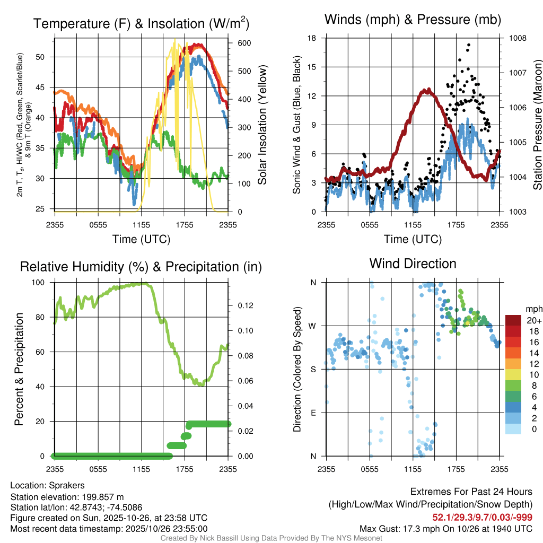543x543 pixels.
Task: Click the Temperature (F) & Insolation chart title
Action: click(x=141, y=23)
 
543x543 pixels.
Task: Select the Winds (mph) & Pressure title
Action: click(x=413, y=20)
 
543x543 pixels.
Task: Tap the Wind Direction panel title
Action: click(x=413, y=264)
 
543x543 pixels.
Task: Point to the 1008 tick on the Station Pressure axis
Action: click(x=517, y=38)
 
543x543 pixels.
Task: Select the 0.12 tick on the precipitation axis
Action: click(x=241, y=305)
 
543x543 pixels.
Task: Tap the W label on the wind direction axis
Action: click(x=313, y=326)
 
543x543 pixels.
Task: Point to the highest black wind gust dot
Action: click(x=469, y=45)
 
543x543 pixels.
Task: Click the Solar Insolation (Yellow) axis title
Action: click(x=262, y=125)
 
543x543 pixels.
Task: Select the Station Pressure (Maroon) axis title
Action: click(x=537, y=125)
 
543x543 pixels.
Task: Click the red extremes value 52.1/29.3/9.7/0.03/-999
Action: click(x=483, y=518)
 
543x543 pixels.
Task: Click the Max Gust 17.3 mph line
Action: click(x=446, y=529)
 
